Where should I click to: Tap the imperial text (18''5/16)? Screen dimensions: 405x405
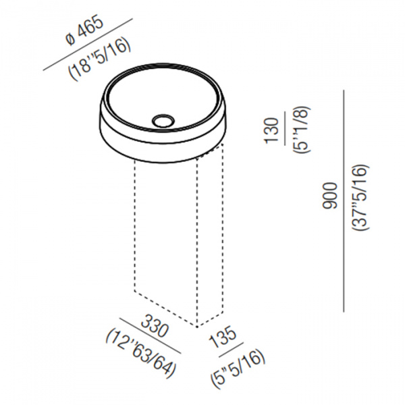(x=99, y=59)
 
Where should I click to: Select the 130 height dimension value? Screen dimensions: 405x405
(x=271, y=130)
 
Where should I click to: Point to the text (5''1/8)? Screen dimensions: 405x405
(x=301, y=130)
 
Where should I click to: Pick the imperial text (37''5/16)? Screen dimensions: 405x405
(x=360, y=198)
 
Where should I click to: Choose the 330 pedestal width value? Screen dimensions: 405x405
(x=155, y=326)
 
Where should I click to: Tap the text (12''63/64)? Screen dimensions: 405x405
(x=142, y=353)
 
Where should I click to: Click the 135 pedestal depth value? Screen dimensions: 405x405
(x=223, y=337)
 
